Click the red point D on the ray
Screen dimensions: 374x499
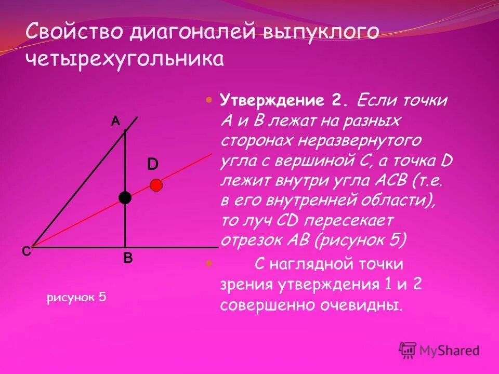156,184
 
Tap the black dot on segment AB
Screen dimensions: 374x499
125,197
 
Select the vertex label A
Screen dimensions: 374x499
115,121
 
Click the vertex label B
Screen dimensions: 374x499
128,257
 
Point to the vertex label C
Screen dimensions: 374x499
26,251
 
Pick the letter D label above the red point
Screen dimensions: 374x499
152,165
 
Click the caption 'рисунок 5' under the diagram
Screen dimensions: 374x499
76,297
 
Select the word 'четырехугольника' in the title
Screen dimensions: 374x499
125,59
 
